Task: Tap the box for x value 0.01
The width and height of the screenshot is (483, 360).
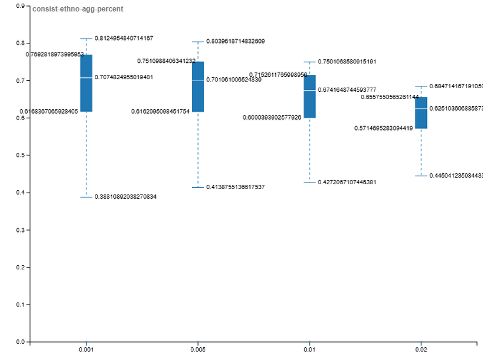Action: (310, 96)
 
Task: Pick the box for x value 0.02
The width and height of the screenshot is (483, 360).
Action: (421, 112)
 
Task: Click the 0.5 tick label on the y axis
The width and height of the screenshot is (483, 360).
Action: (21, 155)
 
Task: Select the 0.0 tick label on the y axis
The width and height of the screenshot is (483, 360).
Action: (21, 342)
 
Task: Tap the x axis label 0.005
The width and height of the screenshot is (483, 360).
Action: (198, 350)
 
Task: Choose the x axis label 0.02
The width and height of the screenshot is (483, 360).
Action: (421, 350)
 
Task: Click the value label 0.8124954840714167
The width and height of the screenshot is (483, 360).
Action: (124, 38)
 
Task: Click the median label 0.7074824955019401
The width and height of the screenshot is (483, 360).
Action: (124, 77)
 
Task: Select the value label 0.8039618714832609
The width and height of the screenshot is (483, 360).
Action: (235, 41)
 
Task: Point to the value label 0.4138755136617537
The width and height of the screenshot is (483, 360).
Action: (235, 187)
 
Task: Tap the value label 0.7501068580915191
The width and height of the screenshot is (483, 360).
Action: (347, 62)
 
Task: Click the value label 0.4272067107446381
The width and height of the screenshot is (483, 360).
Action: (347, 182)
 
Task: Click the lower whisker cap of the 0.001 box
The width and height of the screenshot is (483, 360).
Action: (86, 197)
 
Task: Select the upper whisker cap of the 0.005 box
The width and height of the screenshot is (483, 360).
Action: (198, 42)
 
